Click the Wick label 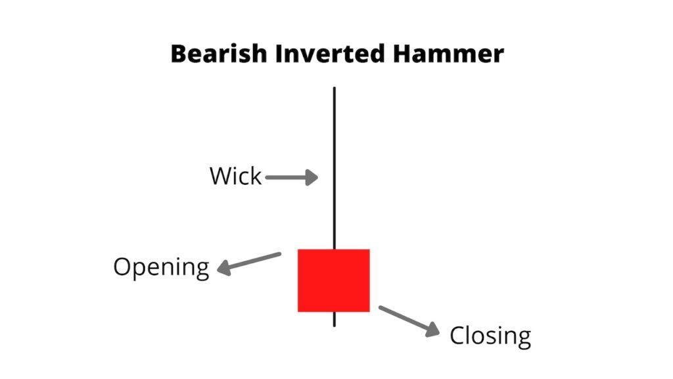(235, 176)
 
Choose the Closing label (490, 336)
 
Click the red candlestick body (334, 280)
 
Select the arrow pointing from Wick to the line (291, 177)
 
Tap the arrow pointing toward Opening (249, 262)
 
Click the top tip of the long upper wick (335, 88)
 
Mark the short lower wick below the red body (335, 318)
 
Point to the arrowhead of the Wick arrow (312, 177)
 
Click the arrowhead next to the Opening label (224, 268)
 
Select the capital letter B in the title (179, 54)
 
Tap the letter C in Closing (457, 336)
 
